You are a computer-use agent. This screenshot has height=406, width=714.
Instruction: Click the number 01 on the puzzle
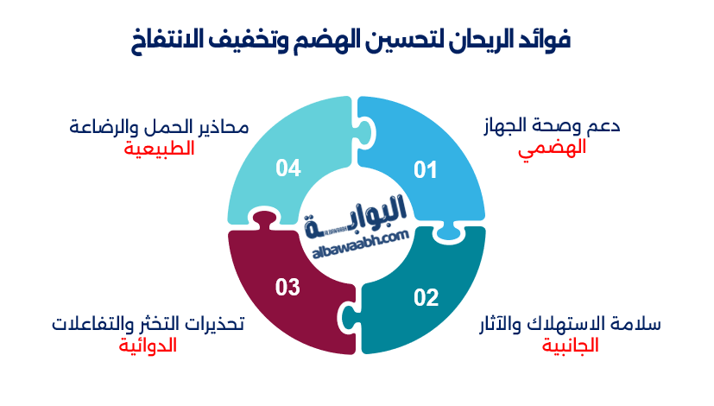coord(426,170)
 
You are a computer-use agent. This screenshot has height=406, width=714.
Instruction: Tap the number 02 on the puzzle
coord(426,298)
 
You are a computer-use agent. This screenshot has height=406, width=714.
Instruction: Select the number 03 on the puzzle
coord(287,287)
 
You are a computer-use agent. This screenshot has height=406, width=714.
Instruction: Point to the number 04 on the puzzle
coord(287,168)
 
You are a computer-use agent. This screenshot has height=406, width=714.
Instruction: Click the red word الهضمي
coord(552,148)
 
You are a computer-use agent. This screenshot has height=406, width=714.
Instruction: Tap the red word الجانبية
coord(570,346)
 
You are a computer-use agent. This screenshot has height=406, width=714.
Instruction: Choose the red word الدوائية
coord(148,346)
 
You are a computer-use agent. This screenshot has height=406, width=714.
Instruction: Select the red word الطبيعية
coord(158,148)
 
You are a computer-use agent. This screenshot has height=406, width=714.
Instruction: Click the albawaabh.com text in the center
coord(357,239)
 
